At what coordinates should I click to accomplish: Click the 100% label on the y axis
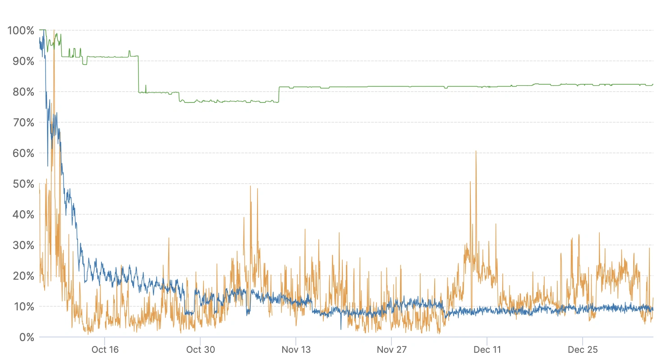[21, 31]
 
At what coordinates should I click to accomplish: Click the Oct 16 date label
[105, 350]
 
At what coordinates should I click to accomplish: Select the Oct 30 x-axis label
[200, 350]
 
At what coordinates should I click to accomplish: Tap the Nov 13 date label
[296, 350]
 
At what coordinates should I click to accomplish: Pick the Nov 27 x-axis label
[391, 350]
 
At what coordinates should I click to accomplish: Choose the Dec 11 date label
[487, 350]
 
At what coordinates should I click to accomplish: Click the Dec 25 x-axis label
[583, 350]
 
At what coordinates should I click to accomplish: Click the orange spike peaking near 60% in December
[476, 152]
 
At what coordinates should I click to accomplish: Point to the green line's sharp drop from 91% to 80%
[138, 74]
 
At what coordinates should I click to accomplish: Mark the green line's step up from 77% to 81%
[279, 94]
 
